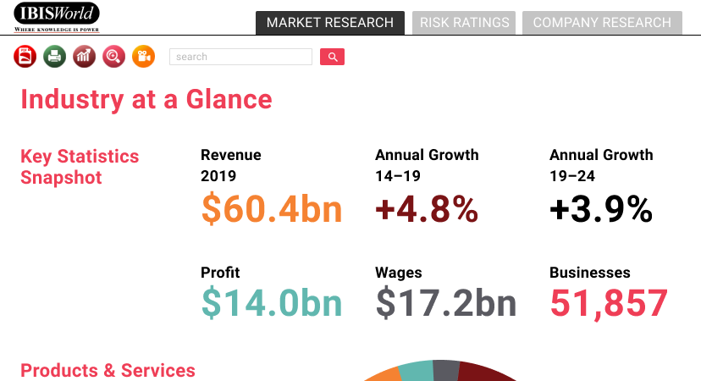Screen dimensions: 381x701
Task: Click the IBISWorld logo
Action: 57,16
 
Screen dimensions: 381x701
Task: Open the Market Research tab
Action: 330,23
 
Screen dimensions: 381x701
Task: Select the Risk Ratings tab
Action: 465,23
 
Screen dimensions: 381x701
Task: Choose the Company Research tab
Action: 602,23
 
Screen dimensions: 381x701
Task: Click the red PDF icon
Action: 25,57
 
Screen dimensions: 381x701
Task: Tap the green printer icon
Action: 54,57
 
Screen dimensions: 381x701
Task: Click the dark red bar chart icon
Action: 84,57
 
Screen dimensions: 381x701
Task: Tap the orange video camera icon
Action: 143,57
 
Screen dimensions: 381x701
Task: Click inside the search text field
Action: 240,57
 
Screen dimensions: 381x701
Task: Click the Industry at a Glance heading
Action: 146,99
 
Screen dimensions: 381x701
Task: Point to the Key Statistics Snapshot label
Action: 80,167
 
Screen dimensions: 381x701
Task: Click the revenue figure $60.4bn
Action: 272,209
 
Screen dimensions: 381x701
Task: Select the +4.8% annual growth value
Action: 427,209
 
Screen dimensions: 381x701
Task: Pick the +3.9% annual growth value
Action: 601,209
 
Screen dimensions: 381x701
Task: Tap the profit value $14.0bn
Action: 272,303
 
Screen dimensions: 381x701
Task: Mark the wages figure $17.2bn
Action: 446,303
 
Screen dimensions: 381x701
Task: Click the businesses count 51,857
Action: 609,303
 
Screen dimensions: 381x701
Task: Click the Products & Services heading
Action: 108,370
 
